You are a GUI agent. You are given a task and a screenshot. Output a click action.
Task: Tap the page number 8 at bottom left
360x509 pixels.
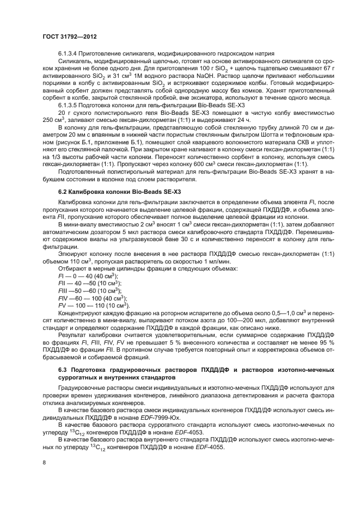pos(44,463)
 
